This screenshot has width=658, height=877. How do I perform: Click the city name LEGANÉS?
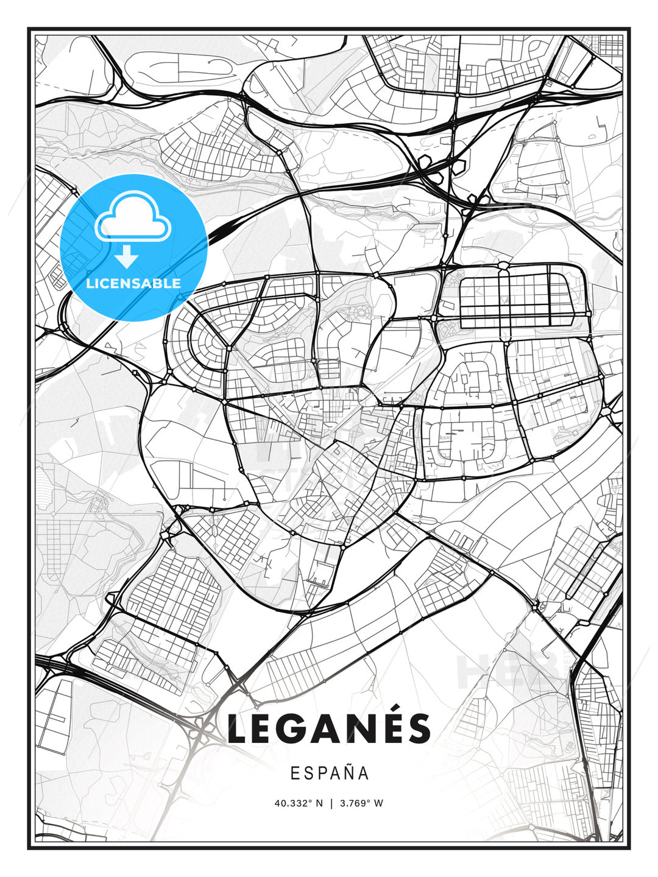coord(329,728)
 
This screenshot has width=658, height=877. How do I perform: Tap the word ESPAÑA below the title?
coord(330,773)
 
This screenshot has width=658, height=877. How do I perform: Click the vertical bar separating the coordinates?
coord(331,803)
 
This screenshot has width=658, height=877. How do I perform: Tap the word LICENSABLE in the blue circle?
coord(133,283)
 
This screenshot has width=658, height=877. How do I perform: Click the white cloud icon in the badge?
coord(133,217)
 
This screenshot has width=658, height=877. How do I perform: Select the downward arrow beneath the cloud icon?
coord(127,257)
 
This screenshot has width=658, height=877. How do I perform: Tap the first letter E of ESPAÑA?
coord(295,773)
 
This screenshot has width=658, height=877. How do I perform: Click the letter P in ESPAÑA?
coord(320,773)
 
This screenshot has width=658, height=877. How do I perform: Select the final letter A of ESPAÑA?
coord(363,773)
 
